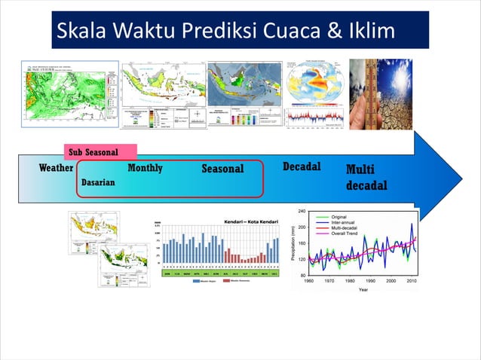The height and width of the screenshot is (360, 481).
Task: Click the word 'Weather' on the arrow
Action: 56,168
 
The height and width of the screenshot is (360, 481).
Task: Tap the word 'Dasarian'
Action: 98,183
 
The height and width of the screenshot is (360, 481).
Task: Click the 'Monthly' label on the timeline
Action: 145,168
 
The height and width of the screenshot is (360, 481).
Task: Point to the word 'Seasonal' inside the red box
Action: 222,169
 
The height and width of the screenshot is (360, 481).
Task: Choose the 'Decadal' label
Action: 302,166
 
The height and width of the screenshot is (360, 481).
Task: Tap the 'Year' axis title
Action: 363,288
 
